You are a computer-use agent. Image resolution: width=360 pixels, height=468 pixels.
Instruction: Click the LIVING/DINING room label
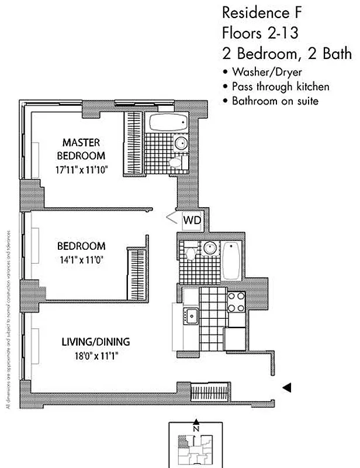tap(96, 342)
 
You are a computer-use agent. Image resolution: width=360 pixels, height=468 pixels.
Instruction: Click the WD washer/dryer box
tap(192, 221)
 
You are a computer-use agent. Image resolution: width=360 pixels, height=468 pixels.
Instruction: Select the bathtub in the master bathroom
tap(167, 123)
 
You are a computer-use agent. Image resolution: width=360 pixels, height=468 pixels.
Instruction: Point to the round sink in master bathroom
tap(181, 143)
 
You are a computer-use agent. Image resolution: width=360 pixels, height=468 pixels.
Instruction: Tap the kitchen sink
tap(191, 316)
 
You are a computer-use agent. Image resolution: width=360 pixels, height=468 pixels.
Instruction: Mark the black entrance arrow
tap(286, 387)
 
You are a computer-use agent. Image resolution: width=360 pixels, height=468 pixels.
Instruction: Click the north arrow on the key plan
tap(196, 424)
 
